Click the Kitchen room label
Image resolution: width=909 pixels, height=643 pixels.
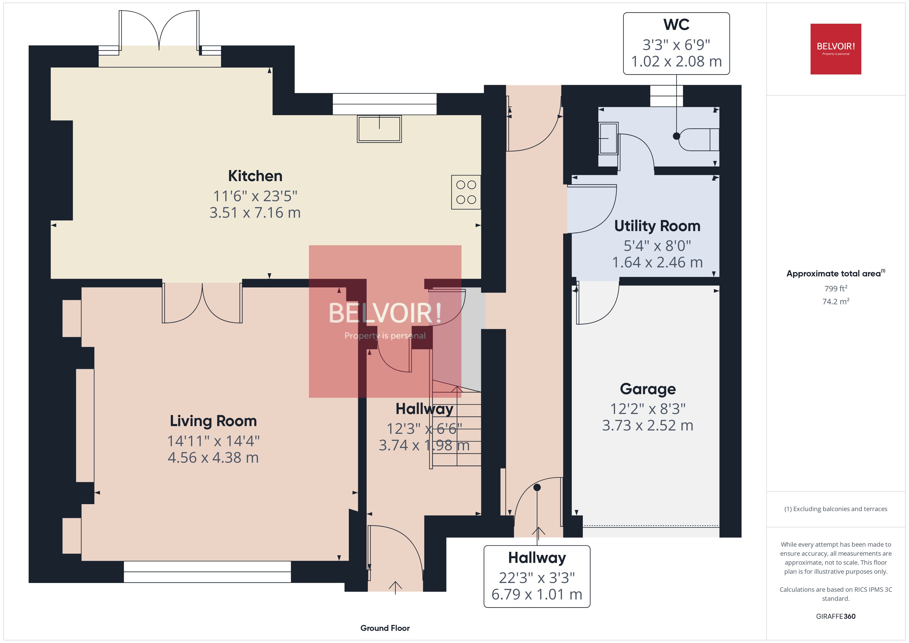(x=255, y=176)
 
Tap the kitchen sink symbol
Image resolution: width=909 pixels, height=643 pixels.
(x=379, y=129)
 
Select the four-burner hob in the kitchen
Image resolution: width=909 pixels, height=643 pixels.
(x=466, y=192)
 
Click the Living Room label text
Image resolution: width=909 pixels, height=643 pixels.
(x=213, y=421)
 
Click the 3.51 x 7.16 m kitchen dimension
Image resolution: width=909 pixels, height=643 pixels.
(x=255, y=213)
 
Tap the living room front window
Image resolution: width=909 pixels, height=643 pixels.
(x=207, y=572)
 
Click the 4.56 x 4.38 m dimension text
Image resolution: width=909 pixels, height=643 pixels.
(x=213, y=458)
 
